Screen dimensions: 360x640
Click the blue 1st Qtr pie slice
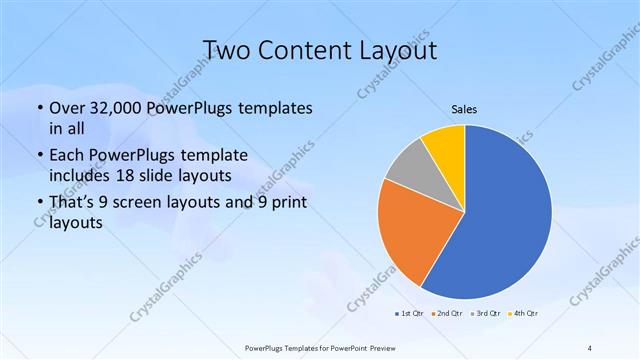(x=500, y=215)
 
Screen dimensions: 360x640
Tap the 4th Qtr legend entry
(x=524, y=314)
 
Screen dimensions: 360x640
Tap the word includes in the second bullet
(x=80, y=175)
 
